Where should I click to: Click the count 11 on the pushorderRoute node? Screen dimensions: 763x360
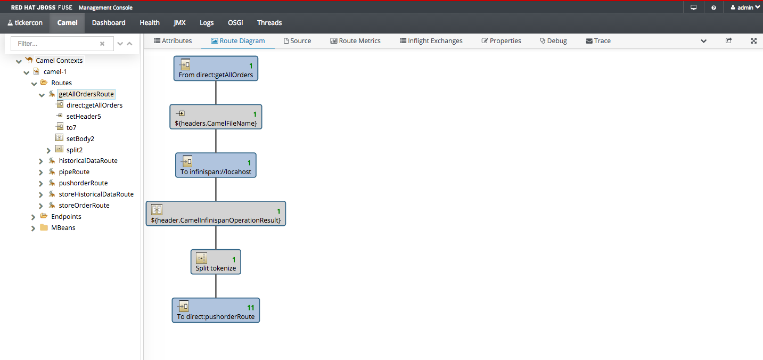click(251, 307)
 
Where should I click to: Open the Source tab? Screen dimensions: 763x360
click(297, 41)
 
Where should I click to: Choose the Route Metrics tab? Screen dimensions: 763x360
click(355, 41)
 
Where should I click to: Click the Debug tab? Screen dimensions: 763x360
click(553, 41)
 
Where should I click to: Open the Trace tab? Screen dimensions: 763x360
click(598, 41)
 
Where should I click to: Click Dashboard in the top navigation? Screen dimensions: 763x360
click(109, 23)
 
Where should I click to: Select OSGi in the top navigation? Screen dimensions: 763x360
click(235, 23)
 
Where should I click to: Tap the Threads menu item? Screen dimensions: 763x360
click(269, 23)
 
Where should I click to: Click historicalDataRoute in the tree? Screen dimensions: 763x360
click(88, 161)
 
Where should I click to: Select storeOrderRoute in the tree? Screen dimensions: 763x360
click(84, 206)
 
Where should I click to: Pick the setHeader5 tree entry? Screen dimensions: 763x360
click(84, 116)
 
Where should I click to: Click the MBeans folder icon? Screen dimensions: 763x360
click(44, 227)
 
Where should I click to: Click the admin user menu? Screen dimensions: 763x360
click(745, 7)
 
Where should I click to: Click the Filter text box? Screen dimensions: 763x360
click(56, 44)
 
